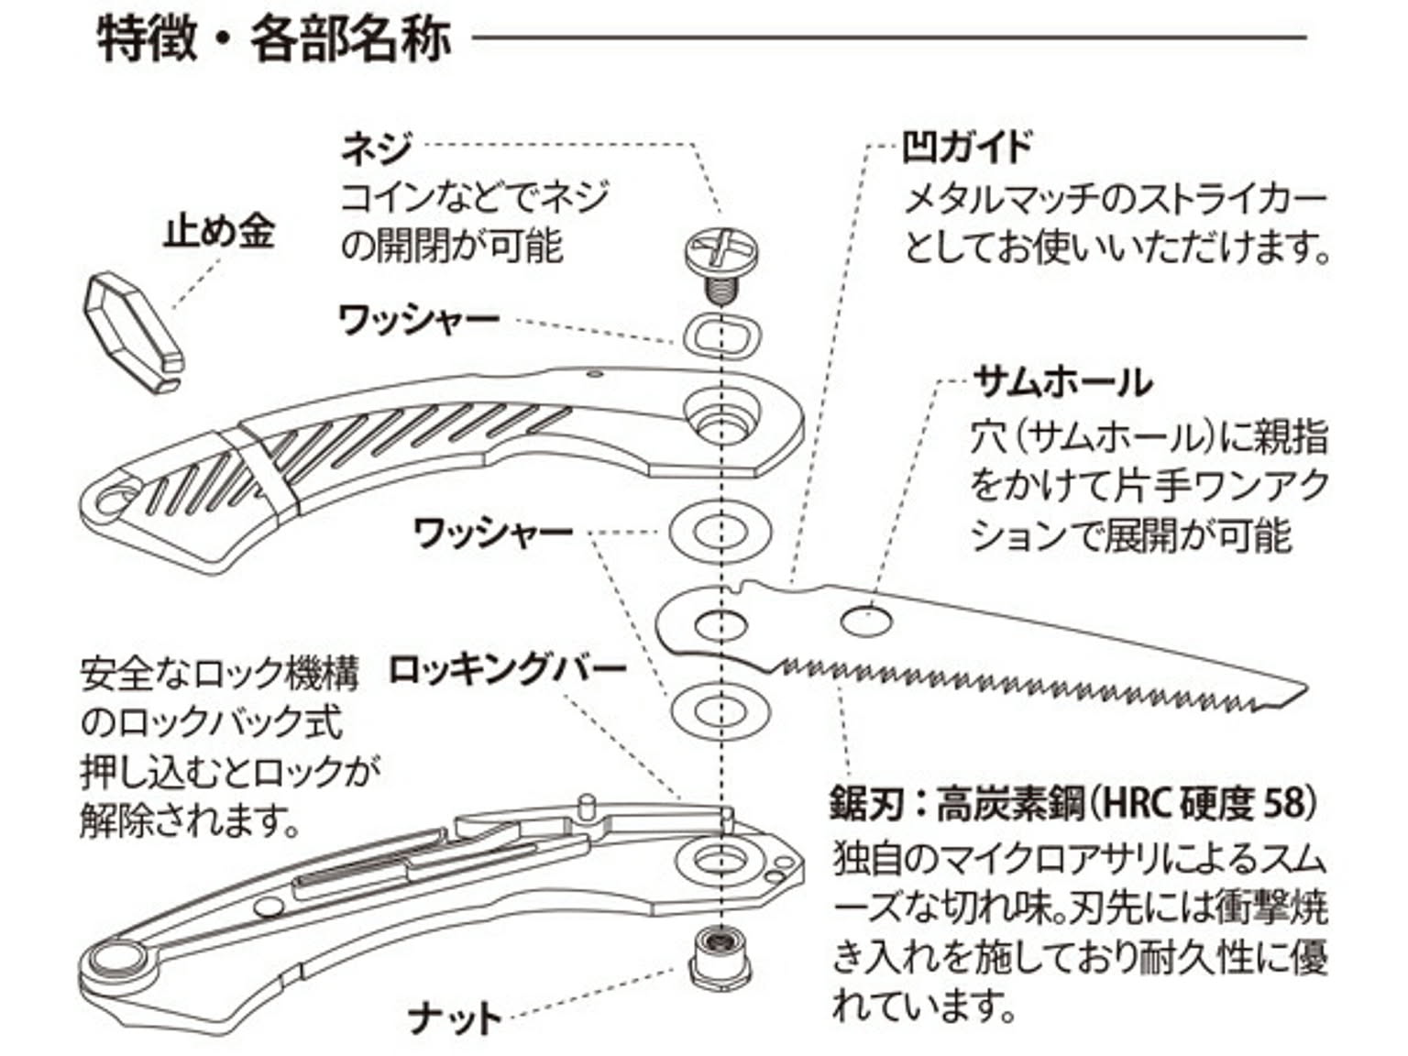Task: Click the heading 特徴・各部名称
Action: click(x=274, y=39)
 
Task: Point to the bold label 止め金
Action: click(x=218, y=231)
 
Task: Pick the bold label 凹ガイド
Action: click(x=967, y=147)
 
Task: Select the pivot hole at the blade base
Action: click(x=720, y=626)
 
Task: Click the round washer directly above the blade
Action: click(x=720, y=531)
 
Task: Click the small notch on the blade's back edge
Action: click(x=738, y=586)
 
